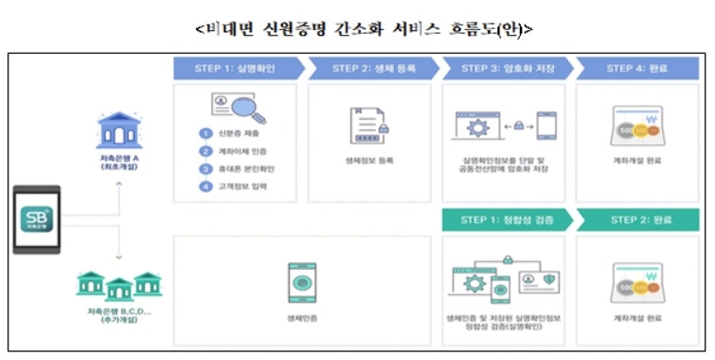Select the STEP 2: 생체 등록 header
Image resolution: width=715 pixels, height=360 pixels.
pos(370,68)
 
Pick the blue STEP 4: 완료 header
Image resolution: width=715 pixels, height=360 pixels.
pos(638,68)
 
